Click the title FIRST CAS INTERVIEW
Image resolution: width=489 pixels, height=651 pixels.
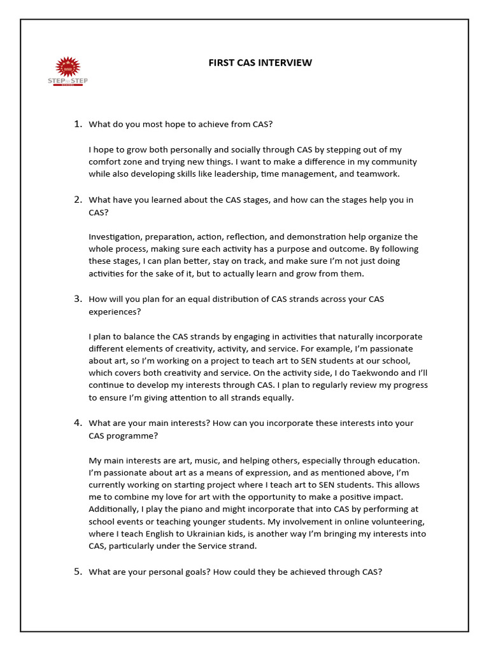[x=260, y=62]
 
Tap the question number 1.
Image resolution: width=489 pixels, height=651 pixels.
[x=78, y=124]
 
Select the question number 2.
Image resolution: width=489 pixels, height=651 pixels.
[x=78, y=200]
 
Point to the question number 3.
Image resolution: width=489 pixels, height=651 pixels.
[x=78, y=299]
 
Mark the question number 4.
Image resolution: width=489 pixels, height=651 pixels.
[x=78, y=423]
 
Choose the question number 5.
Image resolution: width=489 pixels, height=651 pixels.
[x=78, y=572]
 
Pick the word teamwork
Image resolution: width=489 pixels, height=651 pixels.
[x=379, y=174]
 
